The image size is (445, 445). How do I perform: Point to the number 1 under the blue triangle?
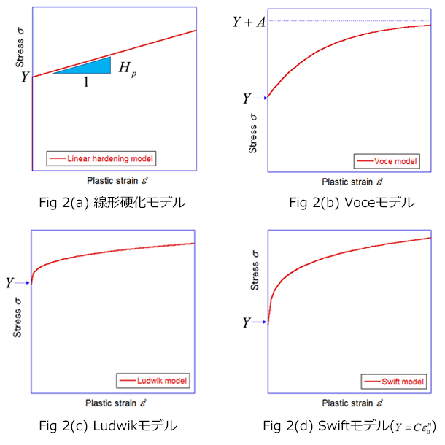pos(86,82)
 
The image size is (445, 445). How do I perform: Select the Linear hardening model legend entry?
pos(101,158)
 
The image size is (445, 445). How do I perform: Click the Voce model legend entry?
pos(387,161)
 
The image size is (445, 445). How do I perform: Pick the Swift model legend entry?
pos(391,382)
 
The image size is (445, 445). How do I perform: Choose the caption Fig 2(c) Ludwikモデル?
pos(112,425)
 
